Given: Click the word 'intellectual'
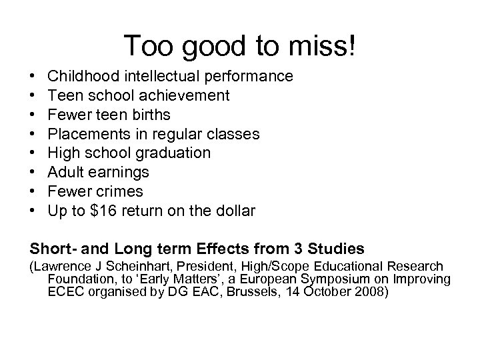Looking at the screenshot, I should [161, 76].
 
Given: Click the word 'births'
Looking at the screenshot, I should [153, 115].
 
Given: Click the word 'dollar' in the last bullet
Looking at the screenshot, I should [233, 211].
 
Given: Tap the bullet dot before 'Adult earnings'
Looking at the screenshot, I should [33, 173].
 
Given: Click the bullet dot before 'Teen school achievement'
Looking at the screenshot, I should [33, 95].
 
